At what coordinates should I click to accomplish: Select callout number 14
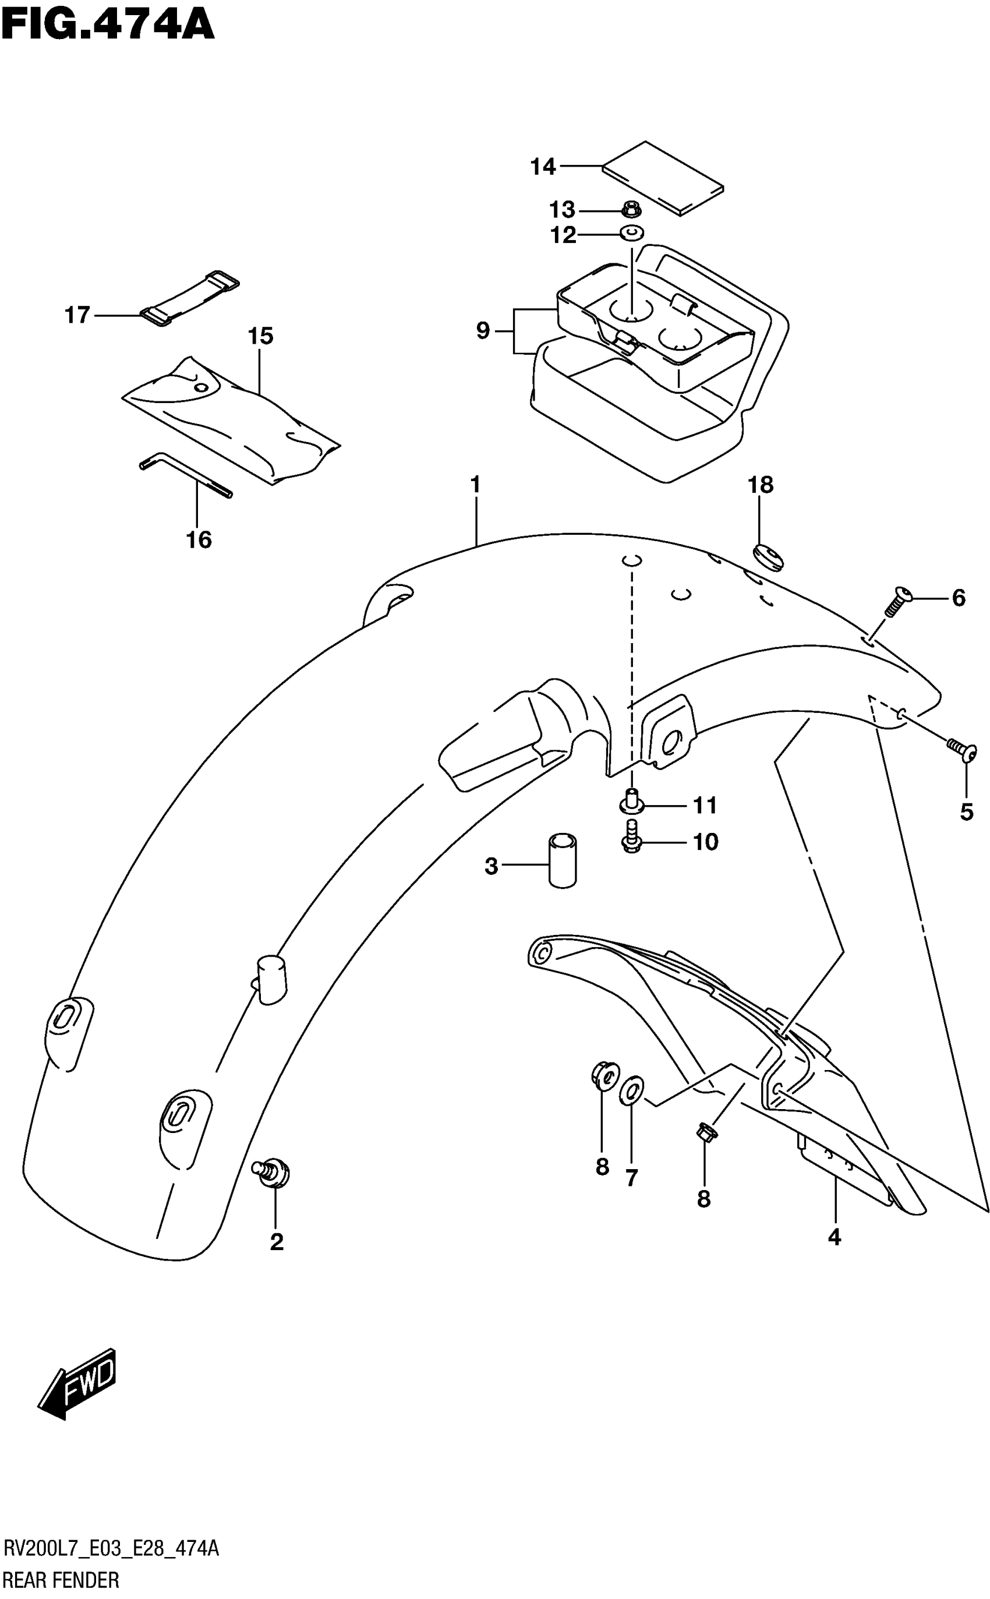click(x=543, y=167)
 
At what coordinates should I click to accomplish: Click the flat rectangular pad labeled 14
click(x=663, y=178)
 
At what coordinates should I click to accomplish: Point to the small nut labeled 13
click(x=632, y=210)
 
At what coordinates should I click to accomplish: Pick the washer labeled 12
click(x=632, y=232)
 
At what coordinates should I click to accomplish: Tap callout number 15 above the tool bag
click(x=260, y=336)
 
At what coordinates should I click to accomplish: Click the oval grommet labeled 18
click(x=770, y=558)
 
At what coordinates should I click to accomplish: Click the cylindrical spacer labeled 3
click(x=563, y=860)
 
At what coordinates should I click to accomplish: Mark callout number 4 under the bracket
click(x=833, y=1237)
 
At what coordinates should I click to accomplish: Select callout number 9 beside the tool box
click(x=483, y=331)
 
